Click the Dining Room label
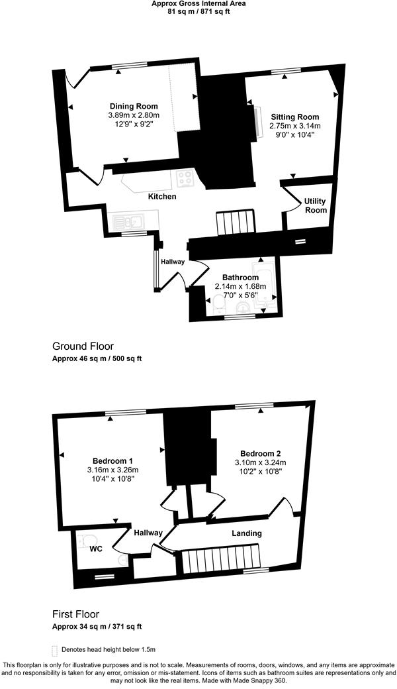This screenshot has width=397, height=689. click(x=134, y=106)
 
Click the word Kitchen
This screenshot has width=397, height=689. click(x=162, y=197)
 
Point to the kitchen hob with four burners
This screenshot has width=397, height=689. click(x=185, y=178)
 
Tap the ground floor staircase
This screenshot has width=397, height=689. click(x=236, y=222)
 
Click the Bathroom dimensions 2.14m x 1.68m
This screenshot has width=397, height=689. click(x=241, y=286)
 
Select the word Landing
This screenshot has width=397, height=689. click(x=247, y=533)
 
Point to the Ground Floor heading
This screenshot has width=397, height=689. click(x=83, y=346)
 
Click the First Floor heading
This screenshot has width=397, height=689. click(x=75, y=614)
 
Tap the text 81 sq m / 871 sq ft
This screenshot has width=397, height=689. click(x=198, y=12)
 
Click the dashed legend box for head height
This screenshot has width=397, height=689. click(x=54, y=650)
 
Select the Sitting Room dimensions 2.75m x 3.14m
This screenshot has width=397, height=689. click(x=295, y=126)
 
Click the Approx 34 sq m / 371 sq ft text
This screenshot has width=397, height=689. click(x=97, y=626)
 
